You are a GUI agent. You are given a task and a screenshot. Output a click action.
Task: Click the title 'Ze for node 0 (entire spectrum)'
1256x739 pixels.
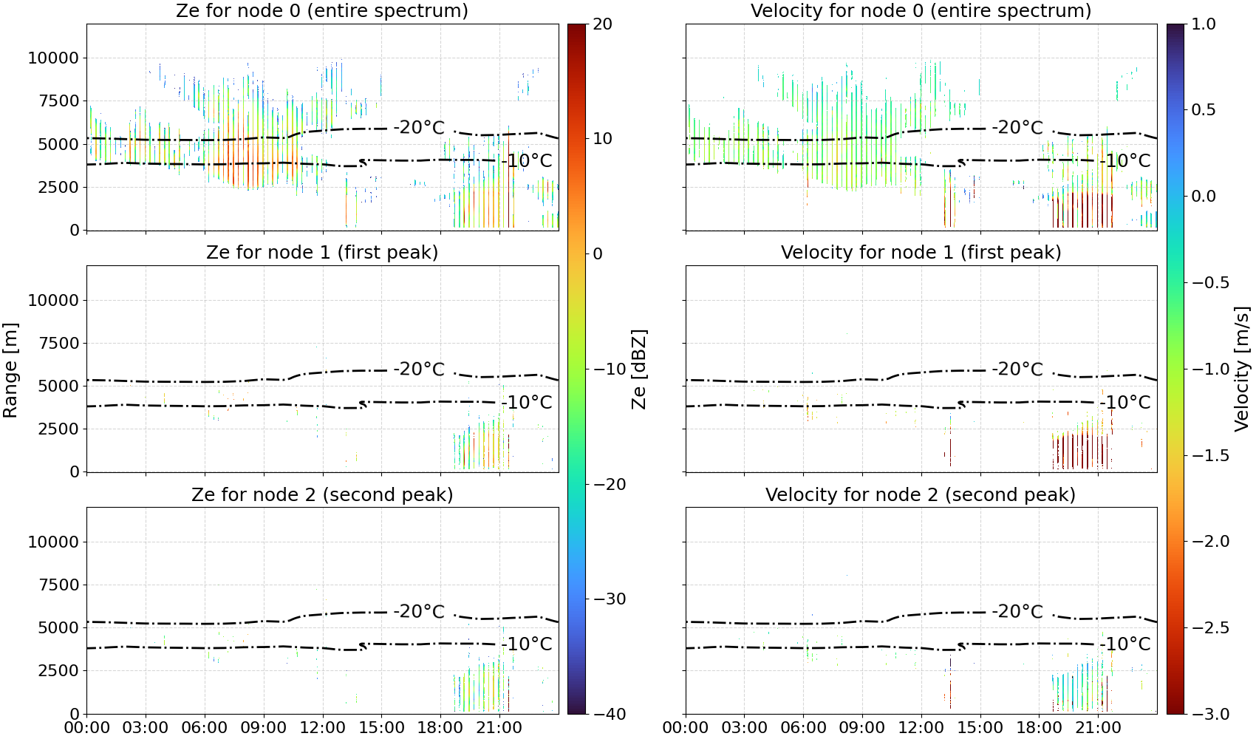pos(322,10)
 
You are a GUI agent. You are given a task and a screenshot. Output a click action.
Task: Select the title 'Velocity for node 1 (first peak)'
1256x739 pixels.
pos(921,252)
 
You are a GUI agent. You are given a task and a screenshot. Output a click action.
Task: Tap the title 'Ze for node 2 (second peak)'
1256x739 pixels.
pos(322,494)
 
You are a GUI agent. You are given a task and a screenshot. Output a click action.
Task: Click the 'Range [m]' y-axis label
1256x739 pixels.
pos(10,369)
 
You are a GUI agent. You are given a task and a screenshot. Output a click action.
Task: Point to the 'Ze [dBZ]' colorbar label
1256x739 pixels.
pos(638,369)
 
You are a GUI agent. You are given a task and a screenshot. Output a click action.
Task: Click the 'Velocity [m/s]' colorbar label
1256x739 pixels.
pos(1243,369)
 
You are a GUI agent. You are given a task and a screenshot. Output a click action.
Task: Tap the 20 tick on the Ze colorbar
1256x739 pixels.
pos(602,24)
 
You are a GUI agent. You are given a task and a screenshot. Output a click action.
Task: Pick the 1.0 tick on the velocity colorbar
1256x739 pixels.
pos(1204,24)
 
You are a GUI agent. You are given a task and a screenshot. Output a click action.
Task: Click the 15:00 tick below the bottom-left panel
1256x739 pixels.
pos(381,727)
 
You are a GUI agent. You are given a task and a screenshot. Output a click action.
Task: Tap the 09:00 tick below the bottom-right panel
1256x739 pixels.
pos(862,727)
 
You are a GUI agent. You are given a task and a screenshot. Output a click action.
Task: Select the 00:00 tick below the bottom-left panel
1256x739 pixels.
pos(87,727)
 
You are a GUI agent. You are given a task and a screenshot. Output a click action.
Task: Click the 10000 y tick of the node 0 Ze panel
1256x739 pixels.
pos(53,58)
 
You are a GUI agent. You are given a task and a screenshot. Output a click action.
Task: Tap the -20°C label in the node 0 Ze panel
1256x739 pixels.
pos(419,128)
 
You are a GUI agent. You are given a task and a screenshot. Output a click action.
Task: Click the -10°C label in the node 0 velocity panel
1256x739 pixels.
pos(1124,161)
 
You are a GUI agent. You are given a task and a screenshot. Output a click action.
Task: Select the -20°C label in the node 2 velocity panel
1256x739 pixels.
pos(1017,611)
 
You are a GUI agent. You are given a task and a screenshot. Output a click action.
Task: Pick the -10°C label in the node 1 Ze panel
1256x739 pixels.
pos(527,403)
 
